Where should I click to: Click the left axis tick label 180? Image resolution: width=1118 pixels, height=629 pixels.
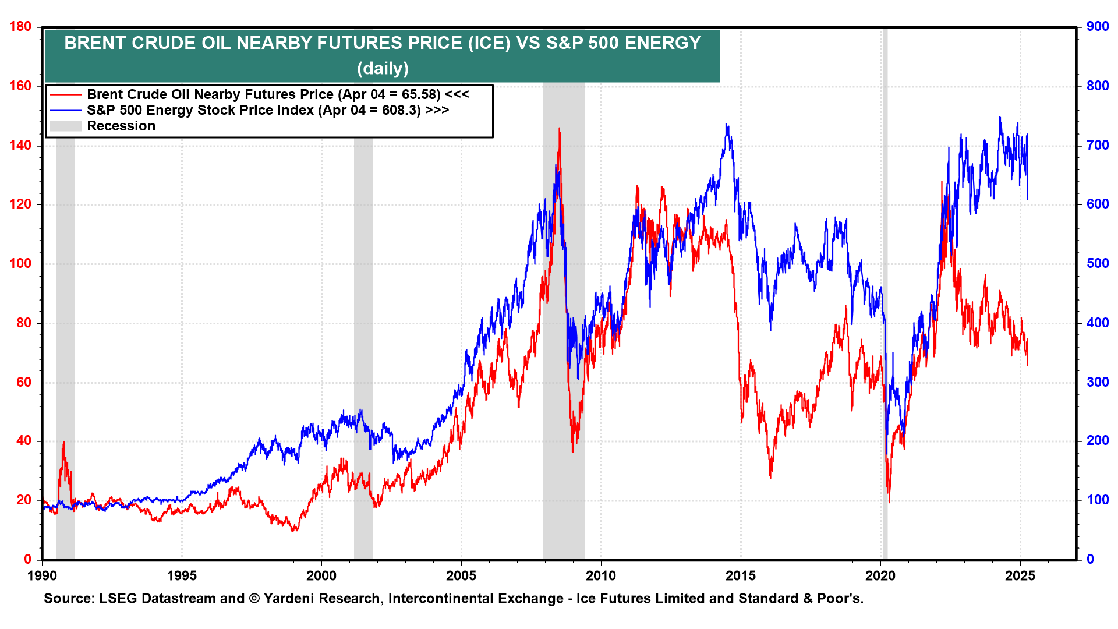(x=20, y=27)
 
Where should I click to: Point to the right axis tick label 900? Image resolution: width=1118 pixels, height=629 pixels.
(x=1098, y=27)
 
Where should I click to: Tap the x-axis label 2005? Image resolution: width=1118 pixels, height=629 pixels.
(x=461, y=576)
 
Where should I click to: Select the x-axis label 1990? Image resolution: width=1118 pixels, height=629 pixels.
(x=43, y=576)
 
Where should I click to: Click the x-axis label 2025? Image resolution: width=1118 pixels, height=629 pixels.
(x=1020, y=576)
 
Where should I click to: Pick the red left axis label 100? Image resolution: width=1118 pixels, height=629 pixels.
(x=20, y=263)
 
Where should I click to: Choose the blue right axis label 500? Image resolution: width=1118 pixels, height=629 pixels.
(x=1098, y=263)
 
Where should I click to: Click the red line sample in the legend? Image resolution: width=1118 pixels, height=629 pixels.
(x=65, y=94)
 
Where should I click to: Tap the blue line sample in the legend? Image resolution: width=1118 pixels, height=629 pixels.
(x=65, y=110)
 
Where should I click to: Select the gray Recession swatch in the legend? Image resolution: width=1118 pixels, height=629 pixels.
(x=65, y=126)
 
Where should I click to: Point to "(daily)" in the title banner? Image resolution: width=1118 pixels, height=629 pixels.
(x=383, y=69)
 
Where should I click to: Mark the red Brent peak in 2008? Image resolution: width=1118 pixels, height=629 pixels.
(x=559, y=129)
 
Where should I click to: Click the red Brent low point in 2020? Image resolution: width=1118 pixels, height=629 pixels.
(x=889, y=501)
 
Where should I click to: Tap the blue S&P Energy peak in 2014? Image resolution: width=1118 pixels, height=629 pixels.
(x=726, y=124)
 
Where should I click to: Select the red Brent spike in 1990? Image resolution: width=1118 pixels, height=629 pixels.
(x=63, y=442)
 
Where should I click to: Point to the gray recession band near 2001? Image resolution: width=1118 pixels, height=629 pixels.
(x=363, y=349)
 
